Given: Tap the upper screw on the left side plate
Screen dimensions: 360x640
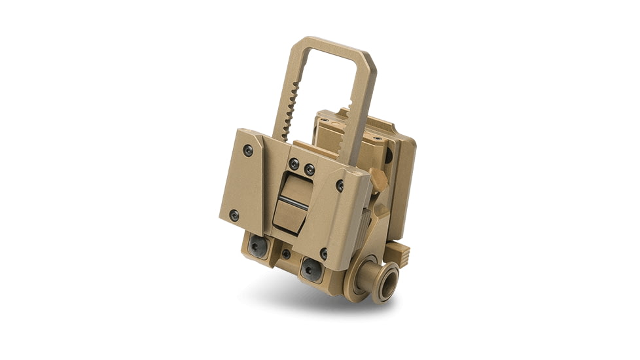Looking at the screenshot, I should pyautogui.click(x=247, y=151).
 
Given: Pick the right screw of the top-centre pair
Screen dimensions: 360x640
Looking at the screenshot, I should pyautogui.click(x=310, y=170).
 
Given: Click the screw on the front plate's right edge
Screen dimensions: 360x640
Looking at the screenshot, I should pyautogui.click(x=340, y=185).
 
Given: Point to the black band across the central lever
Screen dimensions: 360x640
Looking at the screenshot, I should pyautogui.click(x=293, y=200).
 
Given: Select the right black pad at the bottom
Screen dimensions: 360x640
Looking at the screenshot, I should pyautogui.click(x=310, y=268).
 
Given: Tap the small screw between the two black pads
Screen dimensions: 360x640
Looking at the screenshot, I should pyautogui.click(x=286, y=253).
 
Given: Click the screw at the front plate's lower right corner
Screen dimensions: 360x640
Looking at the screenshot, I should pyautogui.click(x=324, y=253).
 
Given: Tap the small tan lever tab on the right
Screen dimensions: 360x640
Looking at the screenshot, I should pyautogui.click(x=378, y=178).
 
